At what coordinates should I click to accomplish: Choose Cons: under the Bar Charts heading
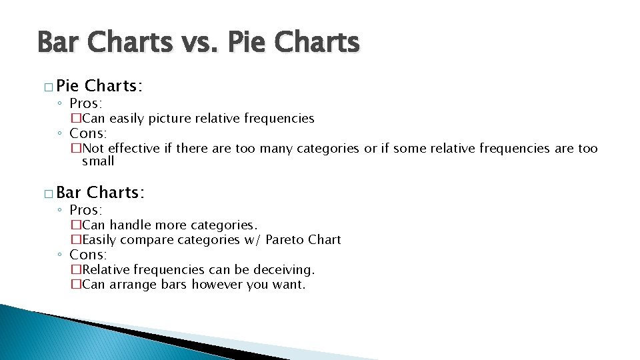(x=88, y=255)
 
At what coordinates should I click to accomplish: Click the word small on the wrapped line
(x=98, y=161)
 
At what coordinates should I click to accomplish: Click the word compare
(x=153, y=239)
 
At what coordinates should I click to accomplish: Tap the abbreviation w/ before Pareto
(x=251, y=239)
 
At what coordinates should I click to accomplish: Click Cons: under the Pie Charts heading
(x=88, y=133)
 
